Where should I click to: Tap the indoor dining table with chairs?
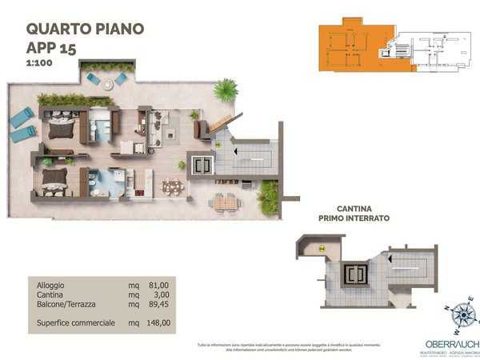click(x=172, y=186)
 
